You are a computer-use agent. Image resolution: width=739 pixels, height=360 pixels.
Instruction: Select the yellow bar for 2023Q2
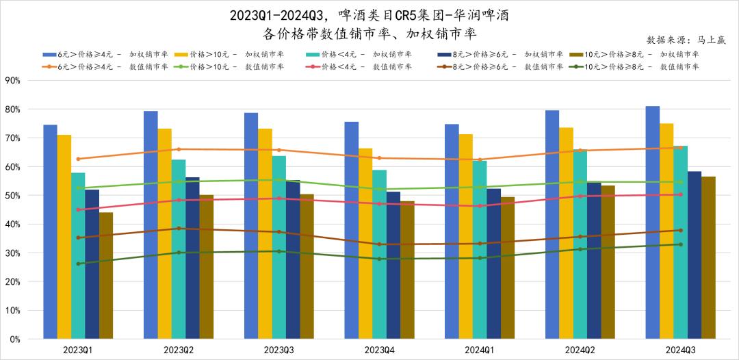point(164,233)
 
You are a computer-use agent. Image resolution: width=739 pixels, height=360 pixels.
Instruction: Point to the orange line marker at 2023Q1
point(78,159)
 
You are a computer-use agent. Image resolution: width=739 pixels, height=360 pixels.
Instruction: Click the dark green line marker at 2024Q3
point(680,244)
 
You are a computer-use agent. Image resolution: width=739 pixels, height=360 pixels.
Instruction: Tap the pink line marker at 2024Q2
point(580,196)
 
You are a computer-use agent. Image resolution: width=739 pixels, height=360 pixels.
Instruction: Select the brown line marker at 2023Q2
point(179,229)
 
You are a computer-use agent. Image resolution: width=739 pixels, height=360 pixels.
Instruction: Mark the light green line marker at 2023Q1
point(78,188)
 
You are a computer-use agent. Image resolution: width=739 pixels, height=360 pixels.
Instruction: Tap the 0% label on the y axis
point(14,339)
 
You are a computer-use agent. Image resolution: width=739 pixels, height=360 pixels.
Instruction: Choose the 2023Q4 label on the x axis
point(379,349)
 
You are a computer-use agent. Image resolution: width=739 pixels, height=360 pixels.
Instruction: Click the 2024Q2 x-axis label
point(580,349)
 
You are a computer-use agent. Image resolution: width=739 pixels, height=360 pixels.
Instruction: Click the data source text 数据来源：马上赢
point(686,40)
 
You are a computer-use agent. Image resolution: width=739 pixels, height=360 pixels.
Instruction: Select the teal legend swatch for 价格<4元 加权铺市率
point(313,54)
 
